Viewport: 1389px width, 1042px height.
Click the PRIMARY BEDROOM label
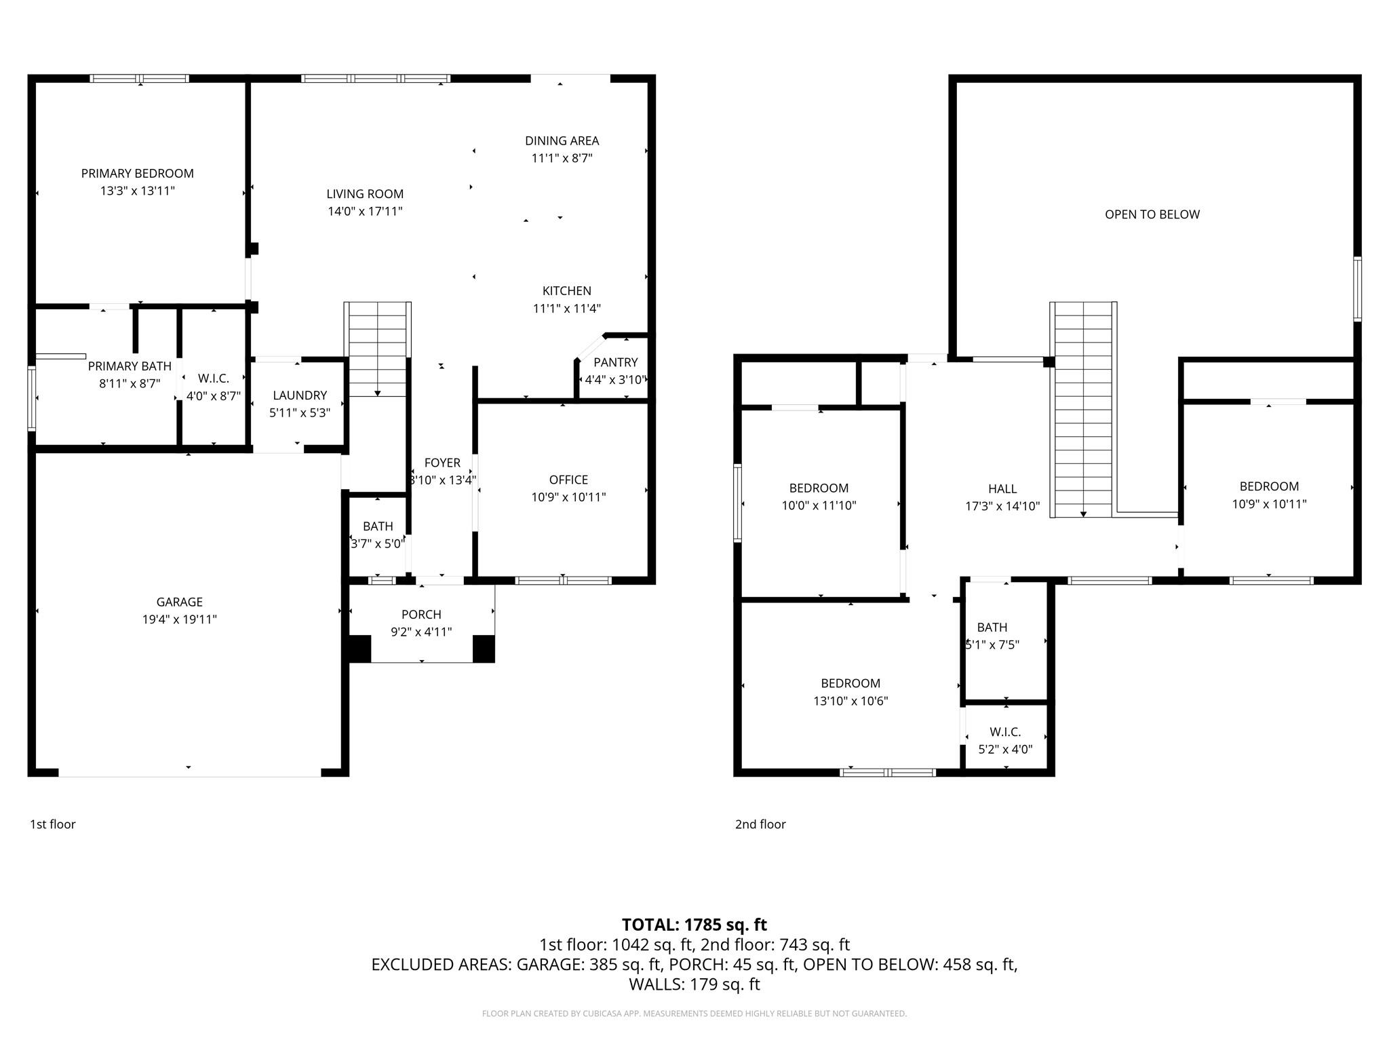pyautogui.click(x=137, y=174)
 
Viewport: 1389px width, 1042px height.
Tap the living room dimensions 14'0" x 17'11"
pyautogui.click(x=365, y=212)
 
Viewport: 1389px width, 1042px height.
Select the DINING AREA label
pyautogui.click(x=562, y=141)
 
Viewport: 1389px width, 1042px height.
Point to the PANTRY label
pyautogui.click(x=615, y=362)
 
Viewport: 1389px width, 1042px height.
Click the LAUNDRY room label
pyautogui.click(x=300, y=395)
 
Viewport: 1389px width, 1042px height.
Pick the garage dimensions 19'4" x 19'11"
pyautogui.click(x=179, y=619)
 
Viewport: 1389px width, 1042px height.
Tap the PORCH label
pyautogui.click(x=421, y=615)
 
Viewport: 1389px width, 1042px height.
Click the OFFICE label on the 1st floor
pyautogui.click(x=568, y=480)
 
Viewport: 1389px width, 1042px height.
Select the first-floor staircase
pyautogui.click(x=377, y=349)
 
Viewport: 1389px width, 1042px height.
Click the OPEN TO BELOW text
pyautogui.click(x=1152, y=214)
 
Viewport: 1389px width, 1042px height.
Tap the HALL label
pyautogui.click(x=1002, y=489)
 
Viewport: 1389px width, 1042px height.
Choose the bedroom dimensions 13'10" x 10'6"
pyautogui.click(x=850, y=701)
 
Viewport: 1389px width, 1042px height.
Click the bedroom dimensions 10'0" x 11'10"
pyautogui.click(x=819, y=505)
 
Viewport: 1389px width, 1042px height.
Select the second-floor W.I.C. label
pyautogui.click(x=1005, y=732)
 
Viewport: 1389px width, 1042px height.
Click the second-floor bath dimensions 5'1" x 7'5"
pyautogui.click(x=993, y=645)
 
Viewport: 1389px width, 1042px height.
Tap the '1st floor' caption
pyautogui.click(x=53, y=824)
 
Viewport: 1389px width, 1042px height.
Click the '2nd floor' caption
pyautogui.click(x=760, y=824)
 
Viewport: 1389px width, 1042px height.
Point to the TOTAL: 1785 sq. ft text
pyautogui.click(x=694, y=925)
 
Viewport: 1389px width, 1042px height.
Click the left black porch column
pyautogui.click(x=359, y=649)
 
